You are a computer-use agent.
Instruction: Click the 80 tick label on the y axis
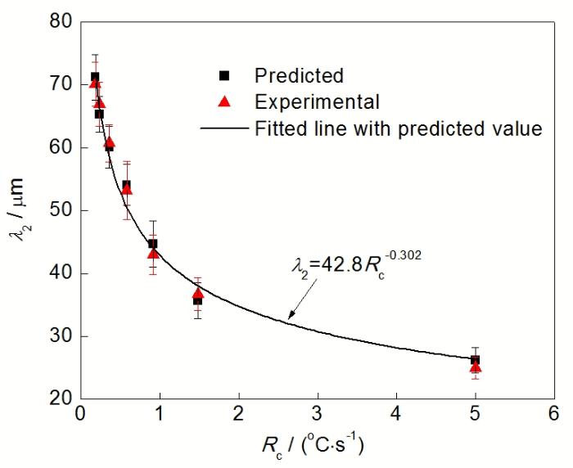coord(58,22)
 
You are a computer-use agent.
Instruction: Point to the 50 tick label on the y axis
coord(58,210)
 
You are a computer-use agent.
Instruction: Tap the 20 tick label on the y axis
coord(58,398)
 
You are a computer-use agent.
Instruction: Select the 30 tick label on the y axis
coord(58,336)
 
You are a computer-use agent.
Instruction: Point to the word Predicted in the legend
coord(299,75)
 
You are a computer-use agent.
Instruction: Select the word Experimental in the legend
coord(317,102)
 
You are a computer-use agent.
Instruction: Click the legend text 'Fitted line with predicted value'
coord(398,128)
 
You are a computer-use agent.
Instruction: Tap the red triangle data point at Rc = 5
coord(475,367)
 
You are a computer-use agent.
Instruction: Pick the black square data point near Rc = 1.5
coord(197,300)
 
